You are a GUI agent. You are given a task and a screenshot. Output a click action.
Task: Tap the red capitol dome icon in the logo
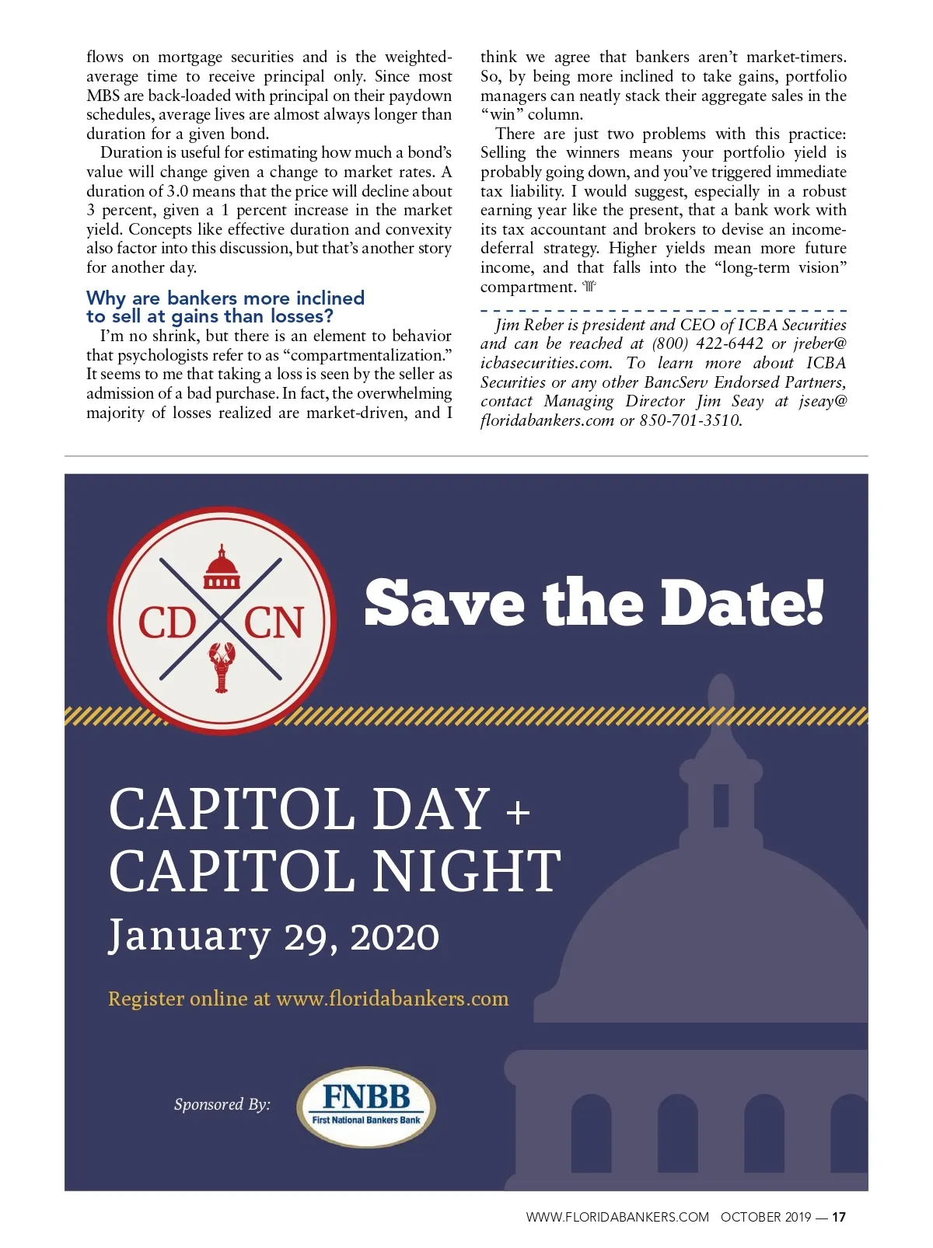pyautogui.click(x=222, y=567)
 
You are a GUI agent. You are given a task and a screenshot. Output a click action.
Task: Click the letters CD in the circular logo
pyautogui.click(x=167, y=622)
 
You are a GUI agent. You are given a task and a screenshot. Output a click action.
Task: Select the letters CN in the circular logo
pyautogui.click(x=274, y=622)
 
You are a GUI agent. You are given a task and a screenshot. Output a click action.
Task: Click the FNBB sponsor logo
pyautogui.click(x=366, y=1106)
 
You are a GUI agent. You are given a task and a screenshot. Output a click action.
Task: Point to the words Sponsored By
pyautogui.click(x=222, y=1104)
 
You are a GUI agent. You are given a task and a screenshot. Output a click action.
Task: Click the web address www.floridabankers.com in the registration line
pyautogui.click(x=393, y=999)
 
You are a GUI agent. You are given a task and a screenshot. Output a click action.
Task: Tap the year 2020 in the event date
pyautogui.click(x=395, y=936)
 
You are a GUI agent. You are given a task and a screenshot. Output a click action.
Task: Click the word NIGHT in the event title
pyautogui.click(x=466, y=871)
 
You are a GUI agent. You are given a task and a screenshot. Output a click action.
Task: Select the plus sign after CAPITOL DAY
pyautogui.click(x=518, y=814)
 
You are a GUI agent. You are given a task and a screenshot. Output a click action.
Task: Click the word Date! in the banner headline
pyautogui.click(x=742, y=603)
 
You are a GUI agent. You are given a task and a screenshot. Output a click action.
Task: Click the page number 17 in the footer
pyautogui.click(x=839, y=1217)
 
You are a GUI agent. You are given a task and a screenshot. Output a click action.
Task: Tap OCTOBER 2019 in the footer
pyautogui.click(x=765, y=1217)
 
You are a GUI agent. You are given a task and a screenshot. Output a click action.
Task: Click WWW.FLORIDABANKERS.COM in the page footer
pyautogui.click(x=617, y=1217)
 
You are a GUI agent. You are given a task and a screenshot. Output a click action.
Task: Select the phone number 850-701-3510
pyautogui.click(x=690, y=420)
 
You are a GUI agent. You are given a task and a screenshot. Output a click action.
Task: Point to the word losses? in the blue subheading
pyautogui.click(x=302, y=316)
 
